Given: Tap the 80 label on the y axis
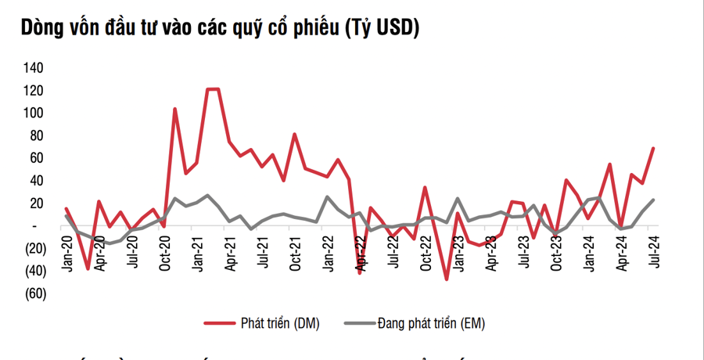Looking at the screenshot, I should [x=36, y=135].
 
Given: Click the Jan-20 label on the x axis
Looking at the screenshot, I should [x=67, y=254].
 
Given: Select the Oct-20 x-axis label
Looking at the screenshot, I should [x=166, y=254].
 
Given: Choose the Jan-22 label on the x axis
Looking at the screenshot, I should [x=329, y=254].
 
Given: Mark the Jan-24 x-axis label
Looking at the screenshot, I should [x=591, y=254].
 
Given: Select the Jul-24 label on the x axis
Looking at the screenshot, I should [x=655, y=254].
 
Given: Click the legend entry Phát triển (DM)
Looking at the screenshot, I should [x=263, y=322].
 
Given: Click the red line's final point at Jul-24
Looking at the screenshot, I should [x=653, y=148].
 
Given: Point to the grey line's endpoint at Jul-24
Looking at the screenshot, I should [x=653, y=200].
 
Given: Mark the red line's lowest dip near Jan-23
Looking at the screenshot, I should [x=447, y=279].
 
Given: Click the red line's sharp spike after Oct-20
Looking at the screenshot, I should [x=174, y=109].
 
